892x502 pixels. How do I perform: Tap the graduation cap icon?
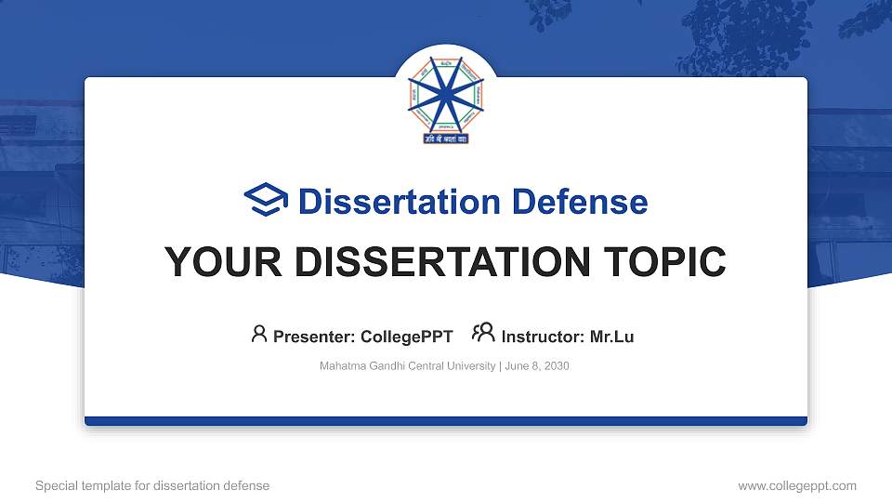pyautogui.click(x=266, y=201)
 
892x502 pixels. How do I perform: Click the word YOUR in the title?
pyautogui.click(x=213, y=262)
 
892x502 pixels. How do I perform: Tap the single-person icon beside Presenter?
pyautogui.click(x=259, y=334)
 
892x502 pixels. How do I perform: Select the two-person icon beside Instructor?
pyautogui.click(x=483, y=334)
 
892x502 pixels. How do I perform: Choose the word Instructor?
pyautogui.click(x=543, y=337)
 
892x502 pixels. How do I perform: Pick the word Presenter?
pyautogui.click(x=311, y=337)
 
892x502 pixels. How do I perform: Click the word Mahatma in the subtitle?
pyautogui.click(x=341, y=366)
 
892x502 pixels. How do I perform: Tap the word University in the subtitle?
pyautogui.click(x=473, y=366)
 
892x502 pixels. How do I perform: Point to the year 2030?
pyautogui.click(x=557, y=366)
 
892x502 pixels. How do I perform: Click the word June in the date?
pyautogui.click(x=518, y=366)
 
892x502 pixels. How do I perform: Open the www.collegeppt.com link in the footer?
pyautogui.click(x=797, y=485)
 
